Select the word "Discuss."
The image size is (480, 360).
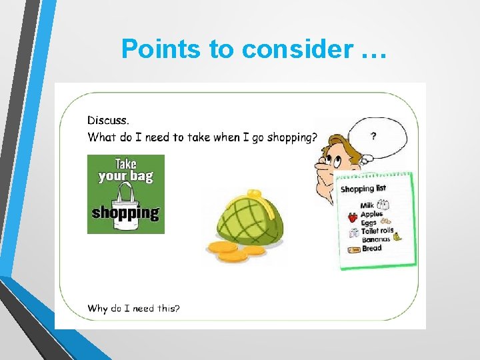[x=109, y=121]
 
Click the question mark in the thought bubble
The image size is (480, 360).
[x=373, y=136]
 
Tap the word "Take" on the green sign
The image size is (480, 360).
[x=126, y=163]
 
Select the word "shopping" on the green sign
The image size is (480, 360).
[x=125, y=213]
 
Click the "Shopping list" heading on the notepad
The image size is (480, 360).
[x=363, y=189]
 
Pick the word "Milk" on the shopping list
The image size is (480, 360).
[x=367, y=206]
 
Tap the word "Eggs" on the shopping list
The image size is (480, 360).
[x=369, y=223]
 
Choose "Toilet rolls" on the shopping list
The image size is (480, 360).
[x=377, y=231]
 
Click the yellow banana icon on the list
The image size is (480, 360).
[x=397, y=236]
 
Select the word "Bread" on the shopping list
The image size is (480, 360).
[x=372, y=248]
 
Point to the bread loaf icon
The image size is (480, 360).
[x=354, y=249]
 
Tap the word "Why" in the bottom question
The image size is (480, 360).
[x=97, y=308]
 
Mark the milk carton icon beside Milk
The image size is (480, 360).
[x=384, y=205]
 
